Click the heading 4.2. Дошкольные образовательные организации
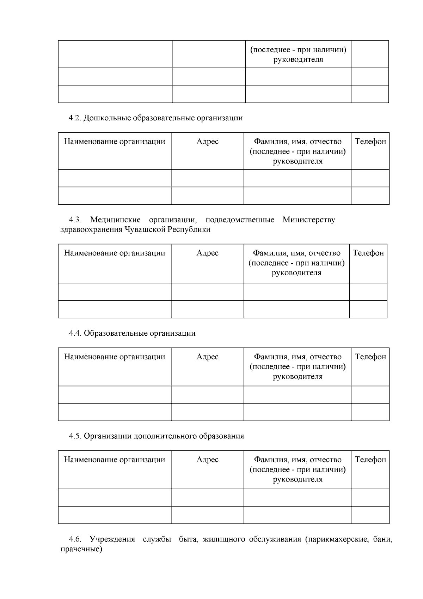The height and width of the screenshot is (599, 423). (x=155, y=118)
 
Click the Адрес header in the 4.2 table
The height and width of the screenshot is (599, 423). (x=207, y=142)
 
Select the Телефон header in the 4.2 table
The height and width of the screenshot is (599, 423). (x=370, y=142)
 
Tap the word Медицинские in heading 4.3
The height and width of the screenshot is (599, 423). (x=115, y=220)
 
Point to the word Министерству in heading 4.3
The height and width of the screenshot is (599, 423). (x=309, y=220)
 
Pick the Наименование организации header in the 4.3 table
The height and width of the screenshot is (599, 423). (x=115, y=253)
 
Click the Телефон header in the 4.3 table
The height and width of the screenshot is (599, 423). (x=368, y=253)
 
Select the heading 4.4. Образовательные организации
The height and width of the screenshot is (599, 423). (x=132, y=333)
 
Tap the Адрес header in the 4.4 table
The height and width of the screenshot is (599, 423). (x=207, y=357)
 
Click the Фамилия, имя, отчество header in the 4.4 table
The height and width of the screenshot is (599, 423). (x=298, y=357)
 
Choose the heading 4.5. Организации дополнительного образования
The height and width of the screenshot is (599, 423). (x=156, y=436)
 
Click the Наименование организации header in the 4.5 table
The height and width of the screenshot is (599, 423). (x=115, y=459)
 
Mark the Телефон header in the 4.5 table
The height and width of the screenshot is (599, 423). (x=370, y=459)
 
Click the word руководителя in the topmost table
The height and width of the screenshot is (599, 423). (x=298, y=59)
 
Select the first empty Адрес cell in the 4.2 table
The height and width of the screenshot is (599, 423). (x=207, y=178)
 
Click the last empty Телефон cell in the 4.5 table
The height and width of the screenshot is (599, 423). (x=370, y=515)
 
